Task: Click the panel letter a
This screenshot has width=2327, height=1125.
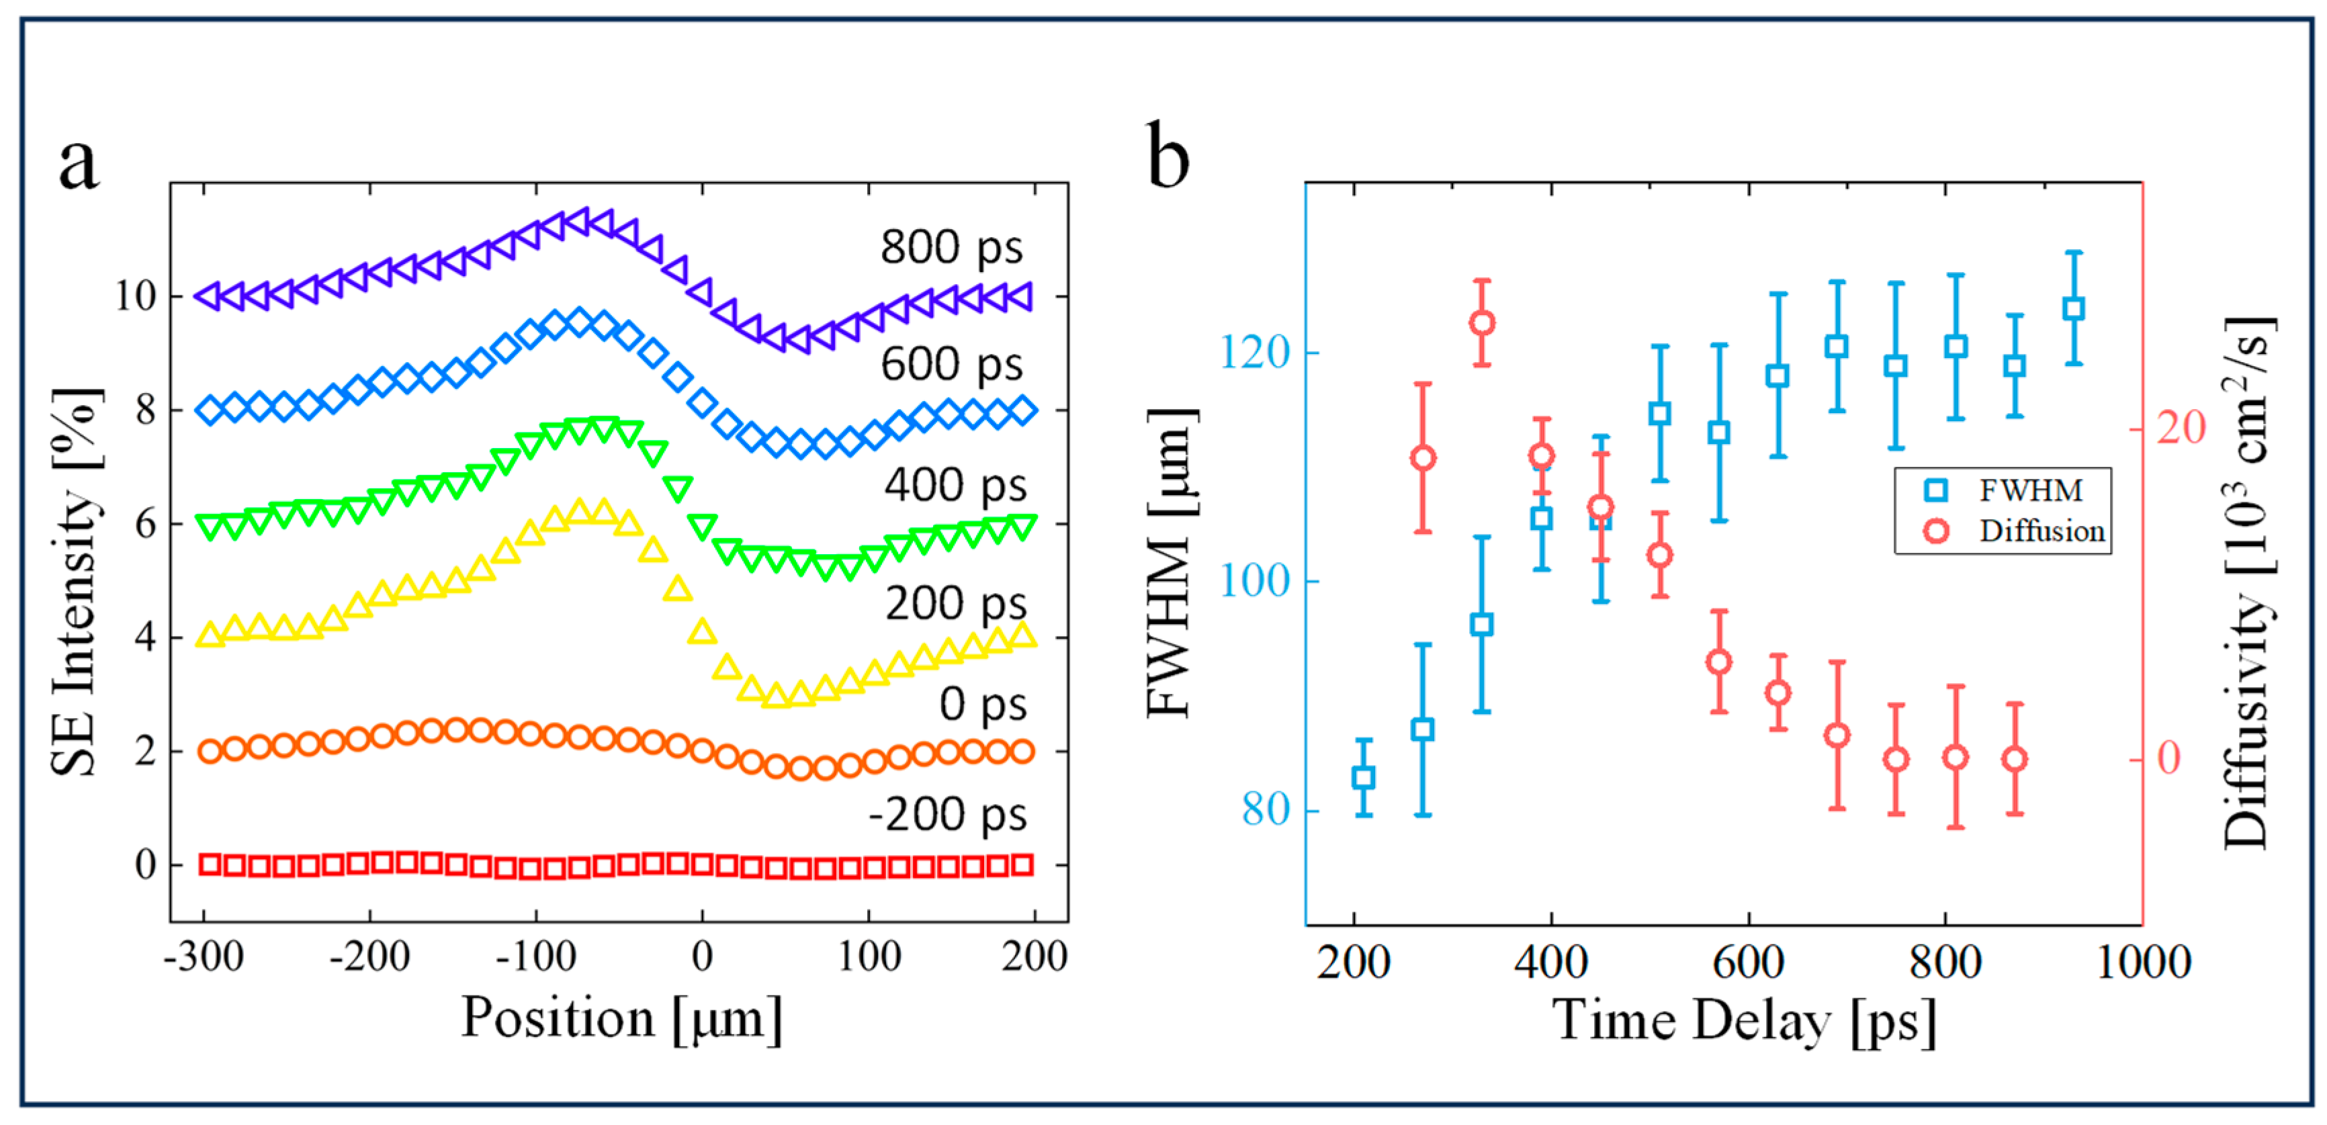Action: [79, 166]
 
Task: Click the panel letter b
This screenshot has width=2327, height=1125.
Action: [1168, 155]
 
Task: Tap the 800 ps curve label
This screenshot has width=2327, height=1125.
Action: [951, 246]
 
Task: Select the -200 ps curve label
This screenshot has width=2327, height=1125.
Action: [948, 815]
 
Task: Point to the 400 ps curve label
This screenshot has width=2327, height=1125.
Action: [955, 485]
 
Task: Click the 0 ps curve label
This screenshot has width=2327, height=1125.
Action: [983, 705]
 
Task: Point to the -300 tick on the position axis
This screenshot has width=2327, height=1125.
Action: [204, 956]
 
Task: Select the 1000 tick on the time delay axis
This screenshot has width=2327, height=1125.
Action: [2143, 962]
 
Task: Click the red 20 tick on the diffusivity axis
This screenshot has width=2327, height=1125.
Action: [2181, 427]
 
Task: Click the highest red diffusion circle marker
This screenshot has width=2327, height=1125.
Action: [1481, 322]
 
